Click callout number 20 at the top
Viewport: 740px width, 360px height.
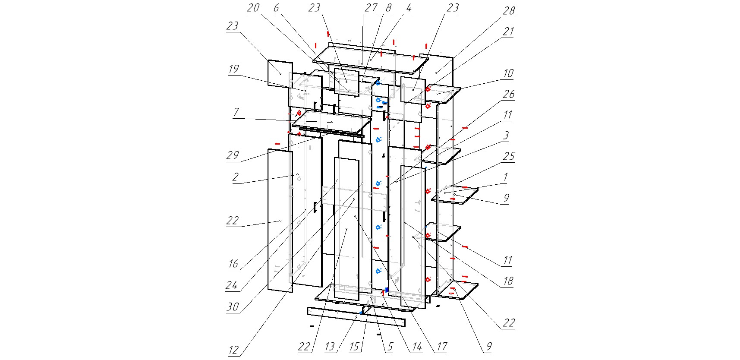(253, 8)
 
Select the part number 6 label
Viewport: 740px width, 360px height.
(276, 8)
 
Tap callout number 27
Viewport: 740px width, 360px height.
(371, 8)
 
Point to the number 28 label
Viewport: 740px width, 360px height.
(509, 11)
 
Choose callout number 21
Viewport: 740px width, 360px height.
(509, 32)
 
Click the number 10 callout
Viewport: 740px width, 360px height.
(508, 73)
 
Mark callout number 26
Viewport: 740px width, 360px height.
(509, 94)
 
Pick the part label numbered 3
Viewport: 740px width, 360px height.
(506, 135)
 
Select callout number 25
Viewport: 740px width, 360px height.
(509, 156)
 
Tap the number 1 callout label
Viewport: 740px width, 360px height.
(506, 177)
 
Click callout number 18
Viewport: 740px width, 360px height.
(508, 281)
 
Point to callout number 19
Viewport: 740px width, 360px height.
(233, 69)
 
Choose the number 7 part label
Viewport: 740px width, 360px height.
(236, 112)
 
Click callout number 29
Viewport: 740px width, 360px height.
(233, 155)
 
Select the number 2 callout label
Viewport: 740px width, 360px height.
(235, 177)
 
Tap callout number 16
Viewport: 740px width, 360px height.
(233, 263)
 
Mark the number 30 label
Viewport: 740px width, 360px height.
(233, 306)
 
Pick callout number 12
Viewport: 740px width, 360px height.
(233, 350)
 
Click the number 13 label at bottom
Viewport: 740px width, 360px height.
(330, 347)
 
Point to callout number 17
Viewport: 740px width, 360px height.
(441, 347)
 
